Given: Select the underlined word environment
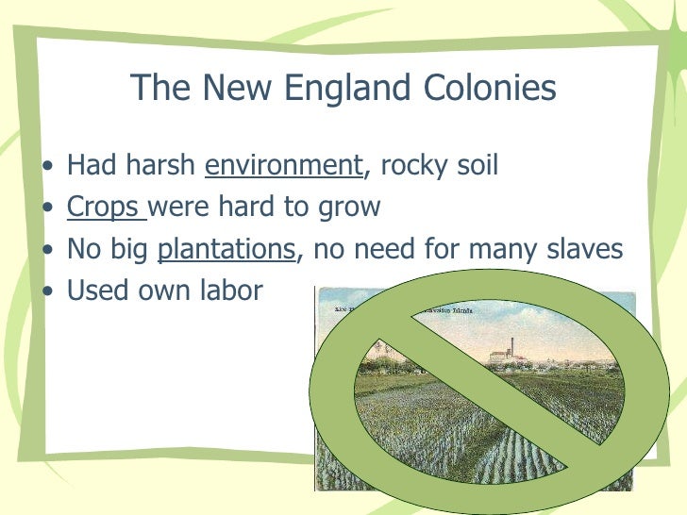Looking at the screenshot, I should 283,167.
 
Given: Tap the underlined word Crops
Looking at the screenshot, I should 105,208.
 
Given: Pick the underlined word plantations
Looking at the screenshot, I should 226,250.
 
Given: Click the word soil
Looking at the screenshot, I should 476,166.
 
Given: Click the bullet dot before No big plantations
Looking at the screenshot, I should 48,251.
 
